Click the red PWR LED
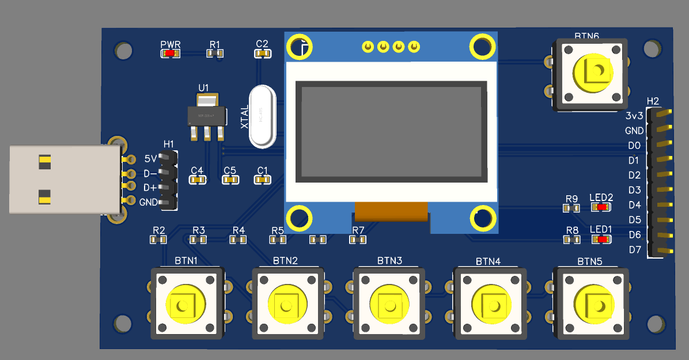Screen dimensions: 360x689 pos(171,54)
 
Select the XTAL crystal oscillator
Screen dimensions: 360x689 pos(262,116)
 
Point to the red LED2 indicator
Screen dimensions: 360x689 pos(602,207)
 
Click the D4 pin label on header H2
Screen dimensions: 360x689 pos(634,205)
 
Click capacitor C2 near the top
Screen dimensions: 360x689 pos(262,54)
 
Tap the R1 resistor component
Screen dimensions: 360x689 pos(215,54)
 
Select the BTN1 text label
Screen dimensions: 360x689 pos(186,260)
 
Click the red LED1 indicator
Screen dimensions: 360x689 pos(602,240)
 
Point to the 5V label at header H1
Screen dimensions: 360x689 pos(150,158)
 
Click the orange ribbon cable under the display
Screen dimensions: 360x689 pos(392,211)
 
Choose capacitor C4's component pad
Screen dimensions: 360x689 pos(197,180)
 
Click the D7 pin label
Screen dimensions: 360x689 pos(634,250)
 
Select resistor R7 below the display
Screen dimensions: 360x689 pos(358,240)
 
